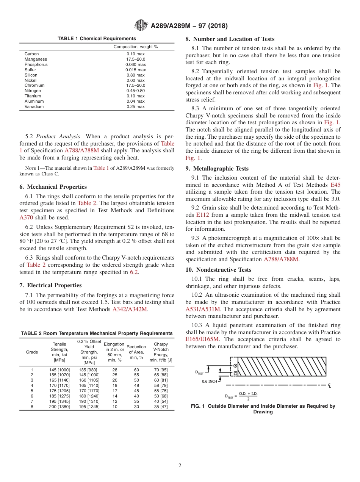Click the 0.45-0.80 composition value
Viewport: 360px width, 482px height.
click(x=135, y=91)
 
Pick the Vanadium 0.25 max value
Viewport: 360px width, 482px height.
click(x=135, y=106)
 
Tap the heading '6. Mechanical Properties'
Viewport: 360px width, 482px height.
click(x=53, y=187)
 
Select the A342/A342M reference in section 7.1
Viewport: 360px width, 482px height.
click(x=130, y=309)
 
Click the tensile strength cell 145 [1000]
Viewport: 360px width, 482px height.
click(x=59, y=369)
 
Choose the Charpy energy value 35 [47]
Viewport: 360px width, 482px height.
click(x=161, y=407)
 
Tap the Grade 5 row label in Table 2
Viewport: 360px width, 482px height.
click(x=32, y=391)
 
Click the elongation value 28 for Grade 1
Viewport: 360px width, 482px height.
click(x=114, y=369)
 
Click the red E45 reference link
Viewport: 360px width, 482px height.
click(x=335, y=185)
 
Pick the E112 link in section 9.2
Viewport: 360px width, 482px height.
click(x=203, y=215)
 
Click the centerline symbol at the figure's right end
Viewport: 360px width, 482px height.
click(x=329, y=385)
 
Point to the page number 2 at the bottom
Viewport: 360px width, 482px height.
click(x=180, y=466)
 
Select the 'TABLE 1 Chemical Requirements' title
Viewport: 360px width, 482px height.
click(x=97, y=39)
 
